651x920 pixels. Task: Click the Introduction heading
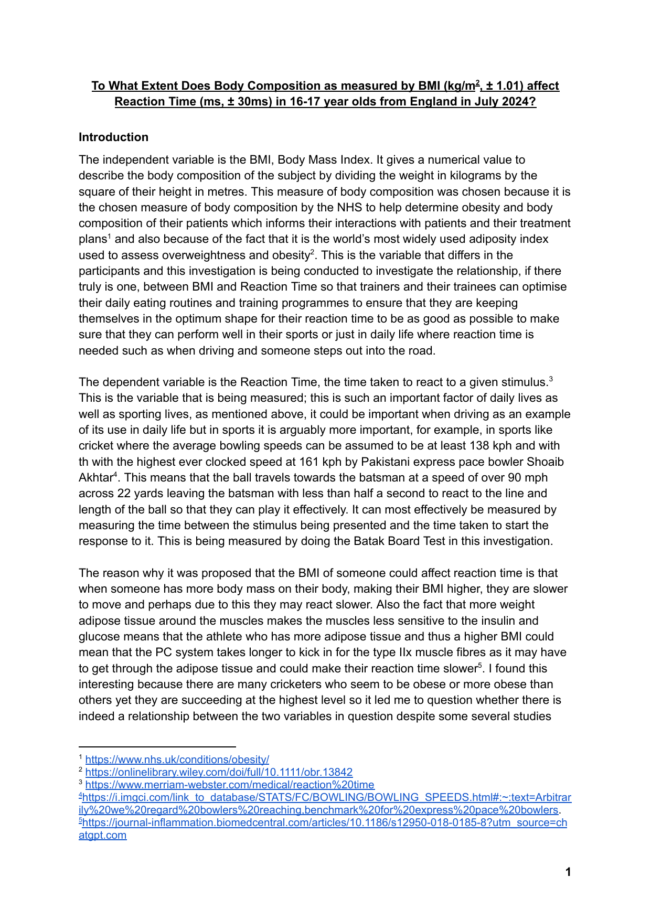pyautogui.click(x=113, y=137)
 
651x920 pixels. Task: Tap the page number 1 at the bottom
pyautogui.click(x=568, y=872)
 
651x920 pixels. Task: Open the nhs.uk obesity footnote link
pyautogui.click(x=177, y=759)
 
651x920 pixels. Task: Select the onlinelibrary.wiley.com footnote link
pyautogui.click(x=219, y=772)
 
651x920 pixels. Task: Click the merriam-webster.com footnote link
pyautogui.click(x=230, y=785)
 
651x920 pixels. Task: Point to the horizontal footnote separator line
pyautogui.click(x=157, y=746)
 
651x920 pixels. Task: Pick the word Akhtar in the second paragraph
pyautogui.click(x=95, y=478)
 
